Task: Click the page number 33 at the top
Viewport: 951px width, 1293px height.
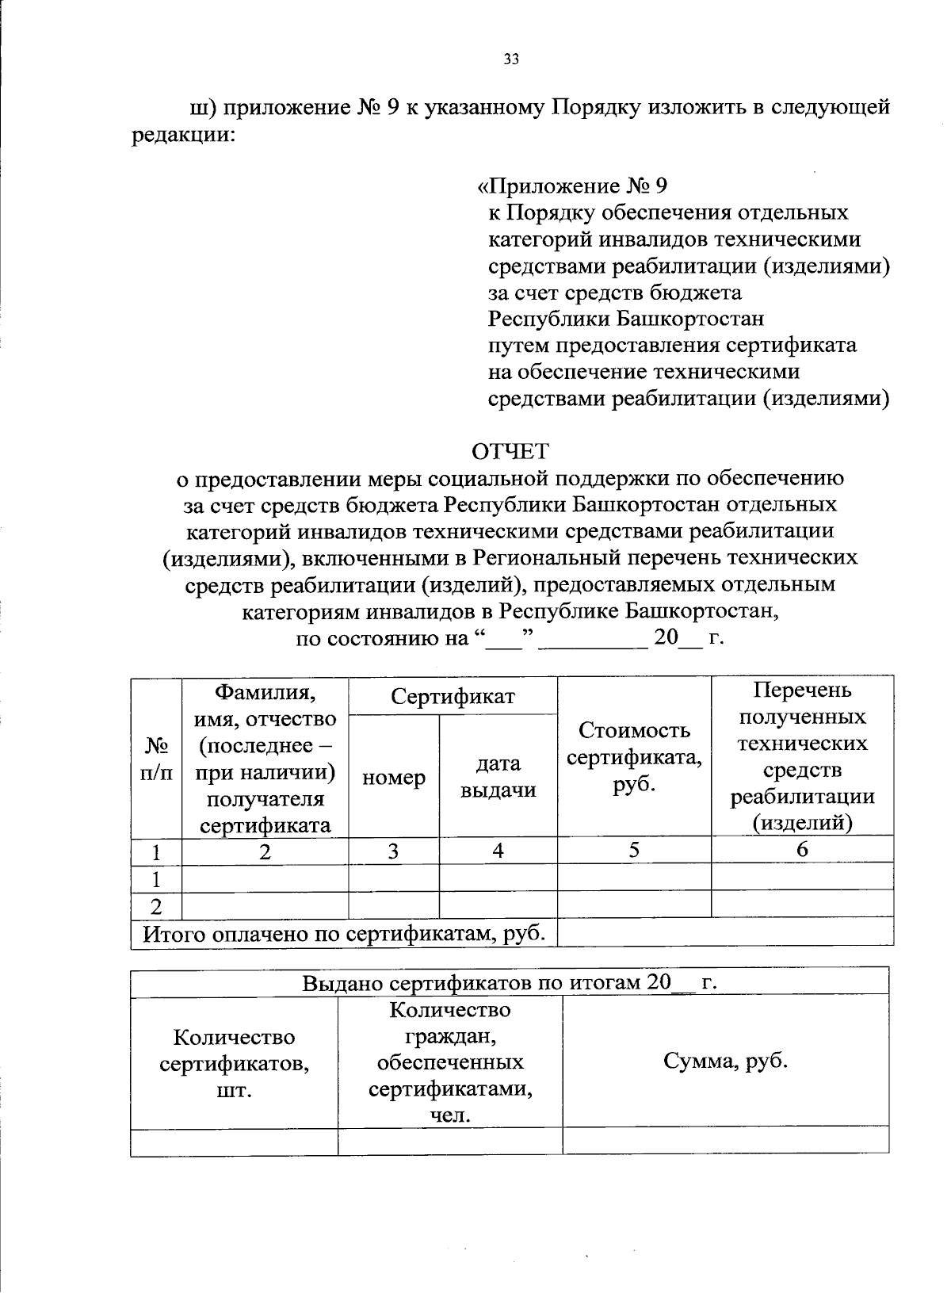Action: [510, 59]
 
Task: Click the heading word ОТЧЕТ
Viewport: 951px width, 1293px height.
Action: [510, 451]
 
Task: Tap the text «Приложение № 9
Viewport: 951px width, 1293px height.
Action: [573, 186]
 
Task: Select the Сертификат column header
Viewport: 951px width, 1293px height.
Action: [453, 696]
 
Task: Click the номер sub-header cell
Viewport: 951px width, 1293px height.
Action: [393, 778]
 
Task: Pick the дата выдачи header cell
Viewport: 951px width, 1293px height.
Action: [498, 776]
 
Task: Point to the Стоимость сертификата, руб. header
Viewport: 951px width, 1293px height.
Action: [634, 756]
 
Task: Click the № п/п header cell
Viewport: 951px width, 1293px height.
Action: [156, 758]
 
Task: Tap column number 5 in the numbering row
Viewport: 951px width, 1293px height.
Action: [634, 850]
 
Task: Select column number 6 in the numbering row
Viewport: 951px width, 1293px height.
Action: [802, 850]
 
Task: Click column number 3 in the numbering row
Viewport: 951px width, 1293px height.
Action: [393, 851]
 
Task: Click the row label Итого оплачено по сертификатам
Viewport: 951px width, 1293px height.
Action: [343, 933]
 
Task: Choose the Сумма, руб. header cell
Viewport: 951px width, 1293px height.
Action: [725, 1061]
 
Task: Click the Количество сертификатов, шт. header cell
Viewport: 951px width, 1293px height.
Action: [234, 1063]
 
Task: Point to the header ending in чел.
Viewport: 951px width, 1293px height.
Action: [450, 1062]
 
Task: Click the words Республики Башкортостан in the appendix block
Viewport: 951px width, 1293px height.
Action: [626, 319]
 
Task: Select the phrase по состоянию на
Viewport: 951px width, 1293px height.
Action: [383, 638]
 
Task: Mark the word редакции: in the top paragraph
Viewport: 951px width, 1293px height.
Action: [183, 134]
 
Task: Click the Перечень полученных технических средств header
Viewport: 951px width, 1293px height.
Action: [802, 756]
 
